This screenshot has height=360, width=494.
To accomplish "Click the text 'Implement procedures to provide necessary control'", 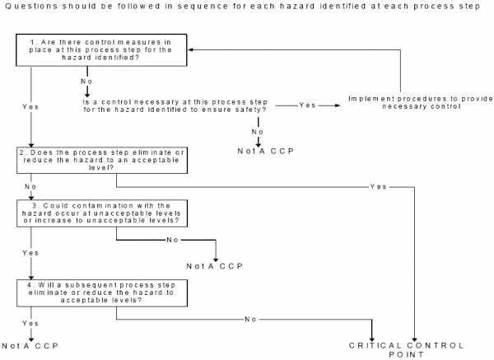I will (x=400, y=103).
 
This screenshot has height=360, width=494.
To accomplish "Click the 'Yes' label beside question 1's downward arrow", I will (x=30, y=106).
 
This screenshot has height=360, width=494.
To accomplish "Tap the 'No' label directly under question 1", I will (x=86, y=82).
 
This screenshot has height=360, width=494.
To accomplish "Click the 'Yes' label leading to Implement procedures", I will (x=307, y=105).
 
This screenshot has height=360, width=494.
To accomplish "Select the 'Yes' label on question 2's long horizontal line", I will (x=379, y=187).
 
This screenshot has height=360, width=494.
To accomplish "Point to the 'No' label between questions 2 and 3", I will (x=30, y=187).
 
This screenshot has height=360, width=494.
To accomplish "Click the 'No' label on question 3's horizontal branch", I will (x=173, y=240).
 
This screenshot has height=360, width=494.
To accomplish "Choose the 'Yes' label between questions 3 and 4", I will (x=30, y=253).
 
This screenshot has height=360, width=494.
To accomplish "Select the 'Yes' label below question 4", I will (x=30, y=323).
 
